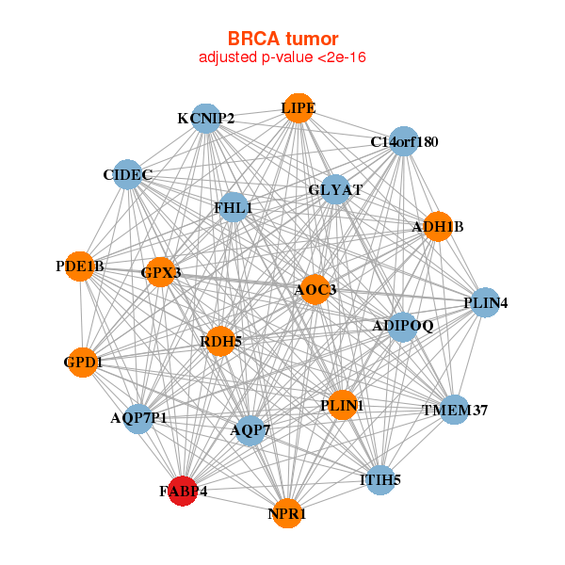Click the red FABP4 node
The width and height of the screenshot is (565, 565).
183,491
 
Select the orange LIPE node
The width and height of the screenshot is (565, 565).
298,108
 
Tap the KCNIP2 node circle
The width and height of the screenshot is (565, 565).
206,119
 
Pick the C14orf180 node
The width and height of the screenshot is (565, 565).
403,142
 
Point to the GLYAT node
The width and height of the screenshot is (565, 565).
335,189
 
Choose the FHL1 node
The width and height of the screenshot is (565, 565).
233,207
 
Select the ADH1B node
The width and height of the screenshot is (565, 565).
437,226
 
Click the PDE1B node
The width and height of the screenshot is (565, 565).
80,266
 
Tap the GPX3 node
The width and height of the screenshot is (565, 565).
161,273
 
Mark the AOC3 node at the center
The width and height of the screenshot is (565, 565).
315,289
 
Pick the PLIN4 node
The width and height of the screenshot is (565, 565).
485,302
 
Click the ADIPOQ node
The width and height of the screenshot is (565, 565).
402,327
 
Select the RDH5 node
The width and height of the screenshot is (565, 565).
220,341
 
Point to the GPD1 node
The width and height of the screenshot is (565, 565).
84,362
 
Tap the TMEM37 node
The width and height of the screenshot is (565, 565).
454,410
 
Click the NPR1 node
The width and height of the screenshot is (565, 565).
287,513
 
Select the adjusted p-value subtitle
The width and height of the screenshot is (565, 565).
282,57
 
